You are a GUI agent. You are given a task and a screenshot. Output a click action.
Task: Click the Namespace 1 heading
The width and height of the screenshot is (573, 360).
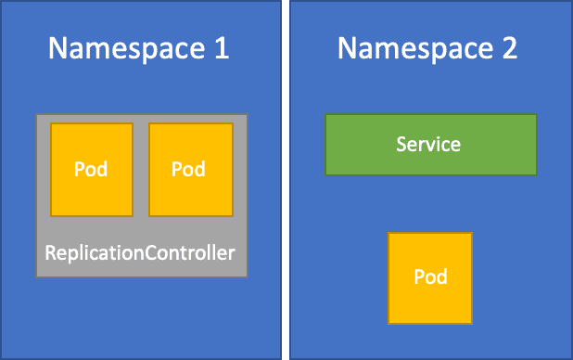pyautogui.click(x=139, y=48)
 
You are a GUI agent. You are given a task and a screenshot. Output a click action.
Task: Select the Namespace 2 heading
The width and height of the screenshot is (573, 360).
pyautogui.click(x=427, y=48)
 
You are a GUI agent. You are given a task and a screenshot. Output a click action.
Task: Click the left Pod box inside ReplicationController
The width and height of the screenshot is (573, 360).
pyautogui.click(x=90, y=169)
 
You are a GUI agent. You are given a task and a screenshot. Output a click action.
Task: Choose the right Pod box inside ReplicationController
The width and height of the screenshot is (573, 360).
pyautogui.click(x=188, y=169)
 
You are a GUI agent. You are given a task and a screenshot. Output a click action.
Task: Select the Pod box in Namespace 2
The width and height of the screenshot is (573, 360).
pyautogui.click(x=430, y=277)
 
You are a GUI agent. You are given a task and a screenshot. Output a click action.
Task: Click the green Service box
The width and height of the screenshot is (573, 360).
pyautogui.click(x=430, y=145)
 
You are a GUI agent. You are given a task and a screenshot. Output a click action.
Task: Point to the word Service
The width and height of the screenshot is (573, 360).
pyautogui.click(x=428, y=145)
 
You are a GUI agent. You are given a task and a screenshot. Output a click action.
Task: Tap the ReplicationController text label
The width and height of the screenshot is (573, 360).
pyautogui.click(x=141, y=251)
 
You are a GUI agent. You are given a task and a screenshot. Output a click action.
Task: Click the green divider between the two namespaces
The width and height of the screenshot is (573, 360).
pyautogui.click(x=285, y=180)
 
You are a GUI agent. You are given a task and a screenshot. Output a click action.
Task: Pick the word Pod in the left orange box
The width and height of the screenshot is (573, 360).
pyautogui.click(x=90, y=170)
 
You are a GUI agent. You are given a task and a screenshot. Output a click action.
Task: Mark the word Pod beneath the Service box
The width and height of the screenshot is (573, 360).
pyautogui.click(x=430, y=277)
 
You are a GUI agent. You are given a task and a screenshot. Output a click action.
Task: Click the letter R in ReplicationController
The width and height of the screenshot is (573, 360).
pyautogui.click(x=50, y=251)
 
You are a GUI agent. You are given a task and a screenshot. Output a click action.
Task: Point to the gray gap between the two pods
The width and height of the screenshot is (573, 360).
pyautogui.click(x=140, y=169)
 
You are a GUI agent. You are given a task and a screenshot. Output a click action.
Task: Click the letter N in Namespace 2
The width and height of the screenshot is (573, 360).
pyautogui.click(x=347, y=48)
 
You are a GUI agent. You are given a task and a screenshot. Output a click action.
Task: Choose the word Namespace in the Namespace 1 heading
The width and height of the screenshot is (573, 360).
pyautogui.click(x=127, y=48)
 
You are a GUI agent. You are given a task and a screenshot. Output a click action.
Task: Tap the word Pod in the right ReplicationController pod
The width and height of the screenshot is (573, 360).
pyautogui.click(x=188, y=170)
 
